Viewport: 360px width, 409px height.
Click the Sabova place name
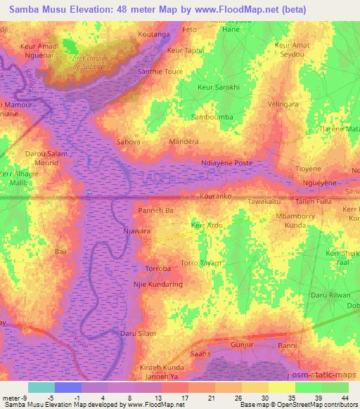[x=128, y=141]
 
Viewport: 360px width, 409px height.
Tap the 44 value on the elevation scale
[x=346, y=398]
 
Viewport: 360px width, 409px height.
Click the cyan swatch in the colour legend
[x=41, y=387]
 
